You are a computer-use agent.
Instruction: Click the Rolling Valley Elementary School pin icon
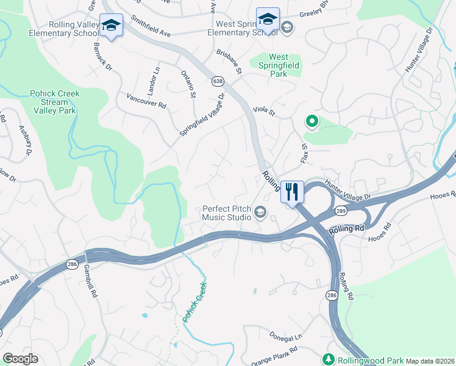(x=111, y=26)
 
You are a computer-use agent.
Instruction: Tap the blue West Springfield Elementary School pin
(x=268, y=20)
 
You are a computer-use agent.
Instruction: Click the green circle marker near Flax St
(x=312, y=122)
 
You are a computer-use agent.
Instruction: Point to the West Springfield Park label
(x=287, y=65)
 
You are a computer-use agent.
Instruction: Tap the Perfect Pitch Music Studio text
(x=227, y=212)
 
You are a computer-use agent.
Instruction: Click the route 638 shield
(x=218, y=81)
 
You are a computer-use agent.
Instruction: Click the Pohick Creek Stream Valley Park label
(x=54, y=102)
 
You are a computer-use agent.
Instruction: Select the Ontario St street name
(x=188, y=84)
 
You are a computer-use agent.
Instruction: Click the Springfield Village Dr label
(x=202, y=114)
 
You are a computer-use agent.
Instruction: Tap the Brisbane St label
(x=230, y=62)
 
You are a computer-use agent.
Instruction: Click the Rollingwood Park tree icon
(x=329, y=358)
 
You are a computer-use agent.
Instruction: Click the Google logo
(x=20, y=359)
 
